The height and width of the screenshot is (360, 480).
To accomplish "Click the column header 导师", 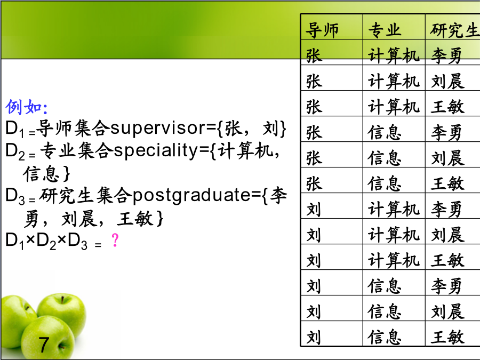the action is coord(322,30).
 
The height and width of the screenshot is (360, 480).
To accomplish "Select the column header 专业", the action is coord(385,30).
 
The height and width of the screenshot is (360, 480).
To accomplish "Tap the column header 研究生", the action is coord(454,30).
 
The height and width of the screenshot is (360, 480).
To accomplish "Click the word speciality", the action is coord(156,150).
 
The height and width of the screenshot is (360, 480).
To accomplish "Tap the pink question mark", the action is coord(115,240).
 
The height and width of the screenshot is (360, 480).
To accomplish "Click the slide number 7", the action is coord(44,345).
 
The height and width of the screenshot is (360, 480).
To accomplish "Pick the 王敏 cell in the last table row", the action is coord(447,337).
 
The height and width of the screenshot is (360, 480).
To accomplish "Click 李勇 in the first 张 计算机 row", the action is coord(446,55).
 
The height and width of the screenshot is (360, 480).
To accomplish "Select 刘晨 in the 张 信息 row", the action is coord(447,158).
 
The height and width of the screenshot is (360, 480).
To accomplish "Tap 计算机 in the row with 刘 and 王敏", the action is coord(394,260).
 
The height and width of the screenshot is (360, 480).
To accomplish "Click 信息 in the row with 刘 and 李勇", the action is coord(385,286).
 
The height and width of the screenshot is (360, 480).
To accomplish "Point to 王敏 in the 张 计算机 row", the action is coord(447,107).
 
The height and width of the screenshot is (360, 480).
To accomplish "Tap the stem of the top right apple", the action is coord(62,299).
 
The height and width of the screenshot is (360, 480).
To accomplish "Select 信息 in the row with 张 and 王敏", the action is coord(385,183).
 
